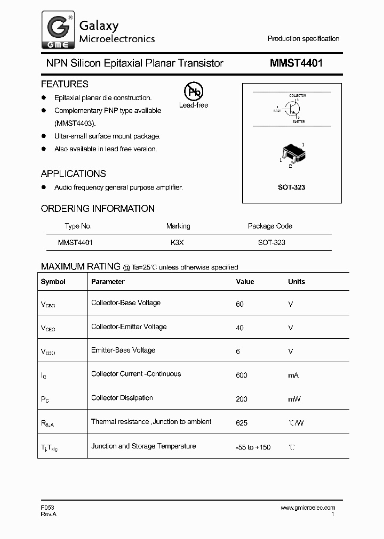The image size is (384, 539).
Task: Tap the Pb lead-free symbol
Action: (x=193, y=92)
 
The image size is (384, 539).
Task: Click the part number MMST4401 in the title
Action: (x=296, y=63)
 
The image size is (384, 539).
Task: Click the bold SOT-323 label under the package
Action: (x=292, y=187)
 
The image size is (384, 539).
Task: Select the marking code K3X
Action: (x=178, y=242)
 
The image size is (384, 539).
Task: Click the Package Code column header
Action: (x=270, y=226)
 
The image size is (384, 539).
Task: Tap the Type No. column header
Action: (x=78, y=226)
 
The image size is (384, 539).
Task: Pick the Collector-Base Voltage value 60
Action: (x=239, y=304)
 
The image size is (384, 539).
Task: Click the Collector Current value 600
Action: (x=241, y=375)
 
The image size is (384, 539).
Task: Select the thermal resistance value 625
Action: (x=241, y=423)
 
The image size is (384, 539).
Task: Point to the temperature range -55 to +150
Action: (x=253, y=447)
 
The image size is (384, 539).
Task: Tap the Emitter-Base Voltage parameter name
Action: (x=123, y=350)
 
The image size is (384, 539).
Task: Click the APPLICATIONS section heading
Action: (x=73, y=174)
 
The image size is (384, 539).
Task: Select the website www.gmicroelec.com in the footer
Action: (x=308, y=508)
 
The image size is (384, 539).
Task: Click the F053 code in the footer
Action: (x=47, y=508)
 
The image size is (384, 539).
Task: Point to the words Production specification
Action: (x=303, y=38)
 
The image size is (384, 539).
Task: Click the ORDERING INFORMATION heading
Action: (x=98, y=209)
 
